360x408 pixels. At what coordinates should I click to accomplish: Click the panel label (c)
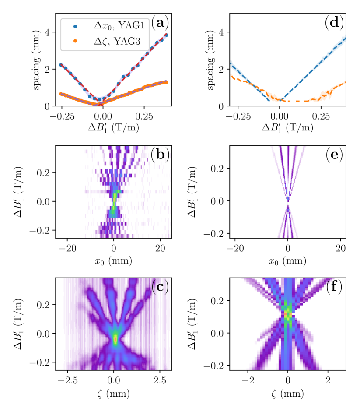(160, 287)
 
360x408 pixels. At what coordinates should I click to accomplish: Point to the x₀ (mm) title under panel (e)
(288, 261)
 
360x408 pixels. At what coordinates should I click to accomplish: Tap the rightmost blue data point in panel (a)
(166, 35)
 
